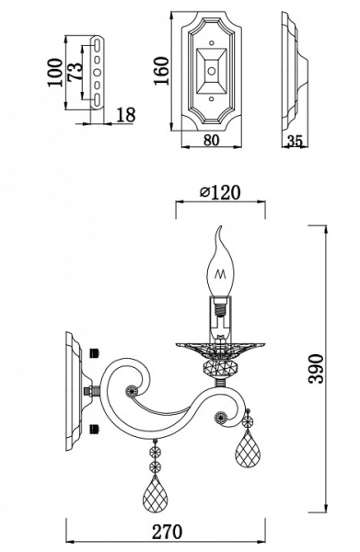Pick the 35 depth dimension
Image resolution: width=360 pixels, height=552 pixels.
coord(296,142)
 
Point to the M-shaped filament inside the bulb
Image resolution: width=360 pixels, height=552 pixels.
coord(220,273)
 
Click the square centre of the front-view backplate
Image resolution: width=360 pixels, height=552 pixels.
coord(212,69)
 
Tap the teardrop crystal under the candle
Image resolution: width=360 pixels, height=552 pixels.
coord(247,449)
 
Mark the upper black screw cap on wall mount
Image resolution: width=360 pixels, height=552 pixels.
coord(95,352)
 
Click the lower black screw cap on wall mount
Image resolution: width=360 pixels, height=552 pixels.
coord(95,427)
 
